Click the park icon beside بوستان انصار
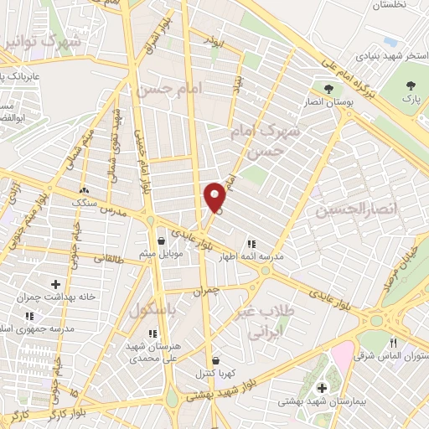point(328,88)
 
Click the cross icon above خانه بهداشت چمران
point(56,284)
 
